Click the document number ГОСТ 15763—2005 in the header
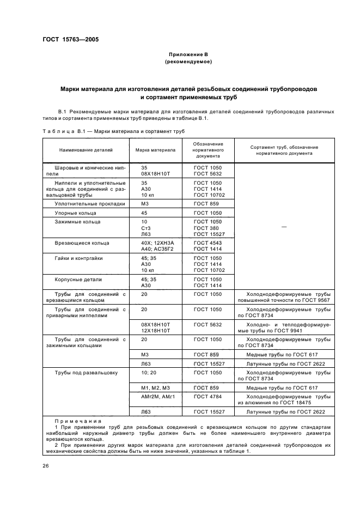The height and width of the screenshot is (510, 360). point(71,39)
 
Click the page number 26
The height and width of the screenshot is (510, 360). point(46,465)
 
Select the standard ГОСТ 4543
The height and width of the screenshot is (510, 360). point(208,242)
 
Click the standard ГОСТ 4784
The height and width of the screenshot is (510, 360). point(208,397)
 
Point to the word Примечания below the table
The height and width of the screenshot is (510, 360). point(74,421)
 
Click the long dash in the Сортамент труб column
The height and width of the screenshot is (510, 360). point(284,227)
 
